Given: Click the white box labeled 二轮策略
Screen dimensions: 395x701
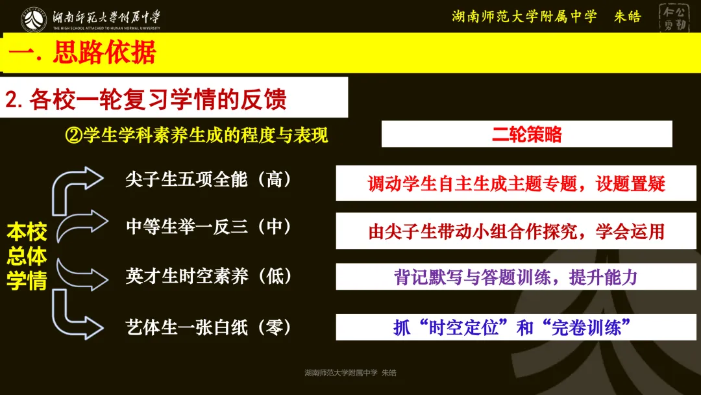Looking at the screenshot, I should (x=526, y=134).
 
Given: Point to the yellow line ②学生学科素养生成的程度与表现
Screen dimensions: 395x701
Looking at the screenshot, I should (x=197, y=135).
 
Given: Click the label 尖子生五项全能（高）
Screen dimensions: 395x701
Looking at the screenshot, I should (x=208, y=180).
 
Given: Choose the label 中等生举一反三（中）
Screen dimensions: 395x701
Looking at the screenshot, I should (x=208, y=227).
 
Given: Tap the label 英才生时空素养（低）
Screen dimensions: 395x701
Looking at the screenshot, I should (x=208, y=275).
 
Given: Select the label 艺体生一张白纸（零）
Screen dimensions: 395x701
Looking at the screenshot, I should (x=208, y=326).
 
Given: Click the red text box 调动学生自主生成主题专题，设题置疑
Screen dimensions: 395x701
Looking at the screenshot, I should (x=516, y=183).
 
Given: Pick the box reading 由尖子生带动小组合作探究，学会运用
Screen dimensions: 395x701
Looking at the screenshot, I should (x=516, y=231).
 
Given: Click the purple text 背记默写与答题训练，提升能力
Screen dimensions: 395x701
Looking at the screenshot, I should (x=516, y=277).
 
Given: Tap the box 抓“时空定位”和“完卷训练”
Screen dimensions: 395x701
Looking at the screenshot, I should (x=516, y=327).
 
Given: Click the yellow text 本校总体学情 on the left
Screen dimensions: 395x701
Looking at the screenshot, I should (x=27, y=256).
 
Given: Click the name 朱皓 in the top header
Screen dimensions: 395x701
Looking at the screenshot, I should (x=627, y=17).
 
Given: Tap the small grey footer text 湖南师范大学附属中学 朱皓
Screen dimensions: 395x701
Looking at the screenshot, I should (x=350, y=373).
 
